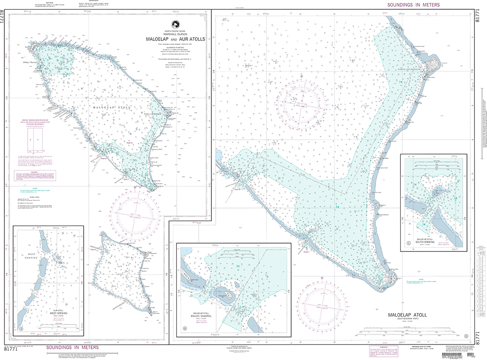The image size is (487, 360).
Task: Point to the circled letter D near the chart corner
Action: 466,336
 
